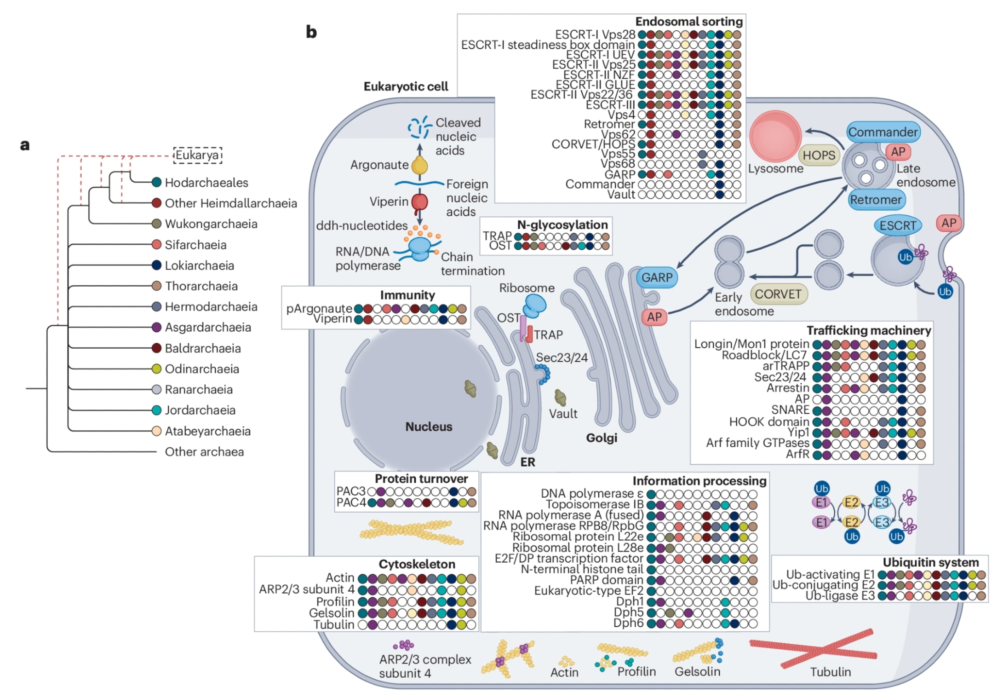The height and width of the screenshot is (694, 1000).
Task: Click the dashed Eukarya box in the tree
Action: pos(197,155)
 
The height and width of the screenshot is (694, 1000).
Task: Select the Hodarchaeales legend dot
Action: pos(156,182)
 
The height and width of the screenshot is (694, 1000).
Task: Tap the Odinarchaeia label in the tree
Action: pos(202,369)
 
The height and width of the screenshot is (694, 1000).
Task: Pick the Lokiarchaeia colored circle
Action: pos(156,265)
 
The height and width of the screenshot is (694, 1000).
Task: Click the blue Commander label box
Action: pos(883,132)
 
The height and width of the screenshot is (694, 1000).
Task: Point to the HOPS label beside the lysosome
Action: pos(818,155)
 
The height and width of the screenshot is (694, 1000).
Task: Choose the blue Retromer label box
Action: pos(875,200)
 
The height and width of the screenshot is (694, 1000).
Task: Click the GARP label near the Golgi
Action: pos(657,277)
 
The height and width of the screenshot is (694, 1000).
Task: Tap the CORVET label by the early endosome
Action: pos(778,294)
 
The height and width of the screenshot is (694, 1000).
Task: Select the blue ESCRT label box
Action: pos(897,225)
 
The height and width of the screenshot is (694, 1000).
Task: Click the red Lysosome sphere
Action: pos(775,135)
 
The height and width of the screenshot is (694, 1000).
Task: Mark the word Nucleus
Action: pos(428,426)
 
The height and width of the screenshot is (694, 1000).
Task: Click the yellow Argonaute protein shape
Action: pos(419,165)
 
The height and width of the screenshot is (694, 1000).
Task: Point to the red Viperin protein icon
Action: pos(419,202)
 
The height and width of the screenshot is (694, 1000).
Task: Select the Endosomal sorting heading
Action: pos(688,21)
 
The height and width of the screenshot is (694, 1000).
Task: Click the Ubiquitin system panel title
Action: pos(930,562)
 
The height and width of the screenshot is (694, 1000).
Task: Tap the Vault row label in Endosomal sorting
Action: pos(621,194)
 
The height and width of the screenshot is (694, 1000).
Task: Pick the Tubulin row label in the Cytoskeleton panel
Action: pos(333,624)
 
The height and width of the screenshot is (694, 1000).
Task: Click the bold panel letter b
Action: pos(311,32)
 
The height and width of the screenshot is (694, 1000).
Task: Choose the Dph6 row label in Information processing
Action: pos(628,623)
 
